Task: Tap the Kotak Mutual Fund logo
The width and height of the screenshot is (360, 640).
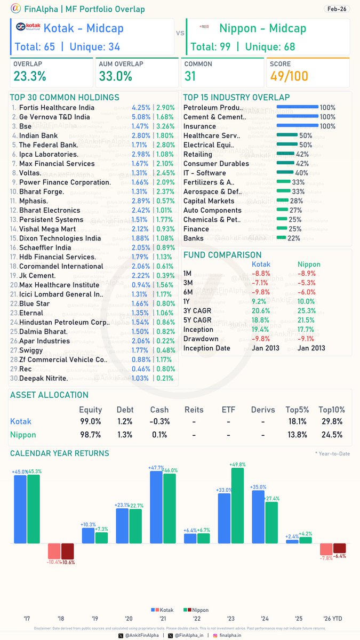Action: [x=27, y=29]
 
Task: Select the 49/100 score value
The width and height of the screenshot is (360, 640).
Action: [x=289, y=76]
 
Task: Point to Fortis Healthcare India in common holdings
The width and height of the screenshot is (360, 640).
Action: [x=57, y=108]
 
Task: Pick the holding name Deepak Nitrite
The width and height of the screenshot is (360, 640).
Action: [x=43, y=378]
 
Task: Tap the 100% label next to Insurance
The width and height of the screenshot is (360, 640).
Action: [x=327, y=126]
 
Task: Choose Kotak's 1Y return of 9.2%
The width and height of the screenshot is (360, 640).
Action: [x=260, y=301]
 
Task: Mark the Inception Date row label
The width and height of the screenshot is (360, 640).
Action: [x=207, y=348]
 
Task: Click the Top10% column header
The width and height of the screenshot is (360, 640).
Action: [x=332, y=410]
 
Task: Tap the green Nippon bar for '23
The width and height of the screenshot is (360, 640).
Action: [x=237, y=506]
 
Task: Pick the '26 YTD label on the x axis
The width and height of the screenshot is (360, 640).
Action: [x=333, y=619]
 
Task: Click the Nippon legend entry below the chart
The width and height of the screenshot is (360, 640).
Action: [x=197, y=610]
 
